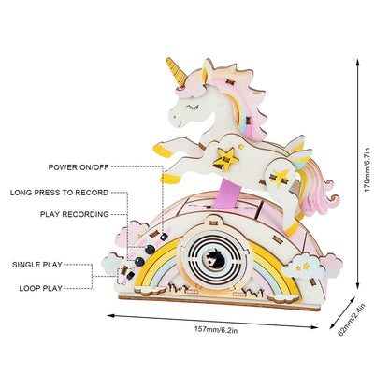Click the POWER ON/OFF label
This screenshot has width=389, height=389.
79,167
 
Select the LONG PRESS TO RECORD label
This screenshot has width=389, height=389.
59,193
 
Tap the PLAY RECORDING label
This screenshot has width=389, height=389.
75,214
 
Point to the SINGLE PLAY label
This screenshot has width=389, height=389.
37,265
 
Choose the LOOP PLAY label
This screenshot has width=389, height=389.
41,288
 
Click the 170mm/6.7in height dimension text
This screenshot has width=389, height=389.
367,169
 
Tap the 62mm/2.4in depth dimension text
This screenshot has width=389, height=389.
352,320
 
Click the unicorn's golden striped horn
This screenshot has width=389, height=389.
176,72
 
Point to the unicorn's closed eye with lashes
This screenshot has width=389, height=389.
193,108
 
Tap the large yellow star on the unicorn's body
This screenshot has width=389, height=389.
226,159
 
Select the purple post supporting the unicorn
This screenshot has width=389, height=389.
229,195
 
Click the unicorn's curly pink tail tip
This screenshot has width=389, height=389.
334,198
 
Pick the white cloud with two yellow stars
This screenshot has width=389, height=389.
303,267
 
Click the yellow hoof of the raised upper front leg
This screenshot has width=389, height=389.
163,151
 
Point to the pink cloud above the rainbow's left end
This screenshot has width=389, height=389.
131,233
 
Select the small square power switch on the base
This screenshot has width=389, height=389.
164,238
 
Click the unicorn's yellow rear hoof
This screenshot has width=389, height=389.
293,230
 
